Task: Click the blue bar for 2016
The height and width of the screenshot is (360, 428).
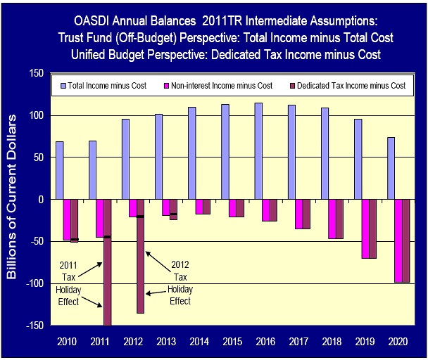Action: (x=259, y=151)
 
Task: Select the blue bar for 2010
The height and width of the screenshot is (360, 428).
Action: (x=60, y=170)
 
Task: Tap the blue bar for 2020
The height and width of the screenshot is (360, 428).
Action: (x=391, y=168)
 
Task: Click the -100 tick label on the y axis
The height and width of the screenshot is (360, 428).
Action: (x=32, y=283)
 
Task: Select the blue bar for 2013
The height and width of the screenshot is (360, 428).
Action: (x=159, y=156)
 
